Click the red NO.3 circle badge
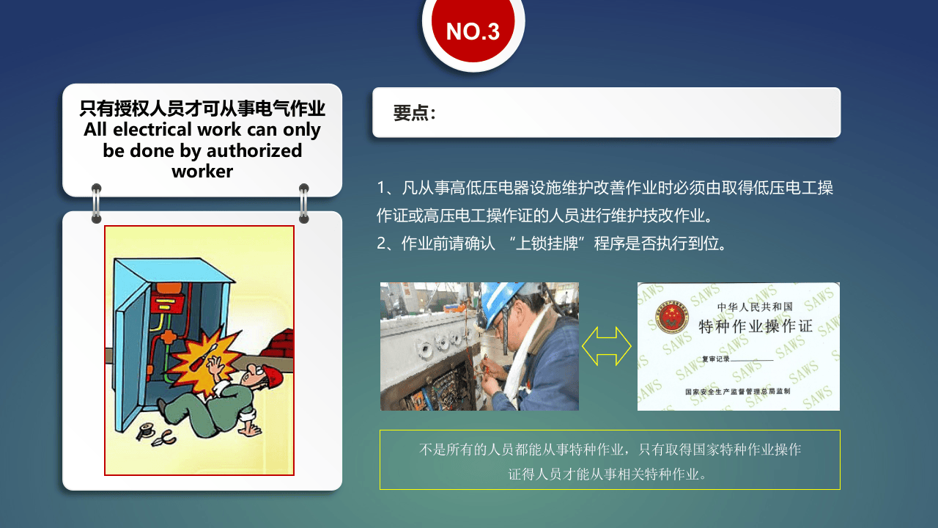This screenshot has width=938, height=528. click(473, 31)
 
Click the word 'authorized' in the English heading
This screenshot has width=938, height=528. click(255, 150)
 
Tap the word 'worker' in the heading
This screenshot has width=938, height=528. click(202, 172)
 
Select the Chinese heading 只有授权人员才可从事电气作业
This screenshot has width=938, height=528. click(202, 109)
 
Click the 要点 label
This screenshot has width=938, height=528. click(414, 113)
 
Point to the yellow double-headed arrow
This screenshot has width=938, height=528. click(607, 346)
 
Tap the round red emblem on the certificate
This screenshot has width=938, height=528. click(671, 318)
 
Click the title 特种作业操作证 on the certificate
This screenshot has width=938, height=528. click(755, 326)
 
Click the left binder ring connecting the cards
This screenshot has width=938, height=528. click(97, 203)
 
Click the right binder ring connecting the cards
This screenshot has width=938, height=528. click(304, 203)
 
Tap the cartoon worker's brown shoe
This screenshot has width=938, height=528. click(163, 404)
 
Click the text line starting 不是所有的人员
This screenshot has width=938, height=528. click(610, 450)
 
